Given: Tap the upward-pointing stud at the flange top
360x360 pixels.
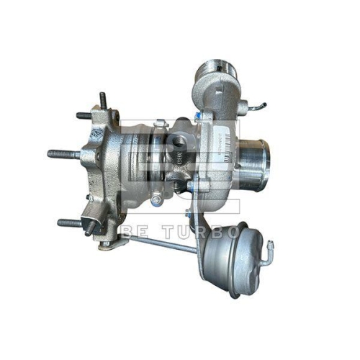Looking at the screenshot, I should click(103, 101).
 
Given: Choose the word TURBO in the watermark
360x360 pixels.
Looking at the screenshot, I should click(202, 233).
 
